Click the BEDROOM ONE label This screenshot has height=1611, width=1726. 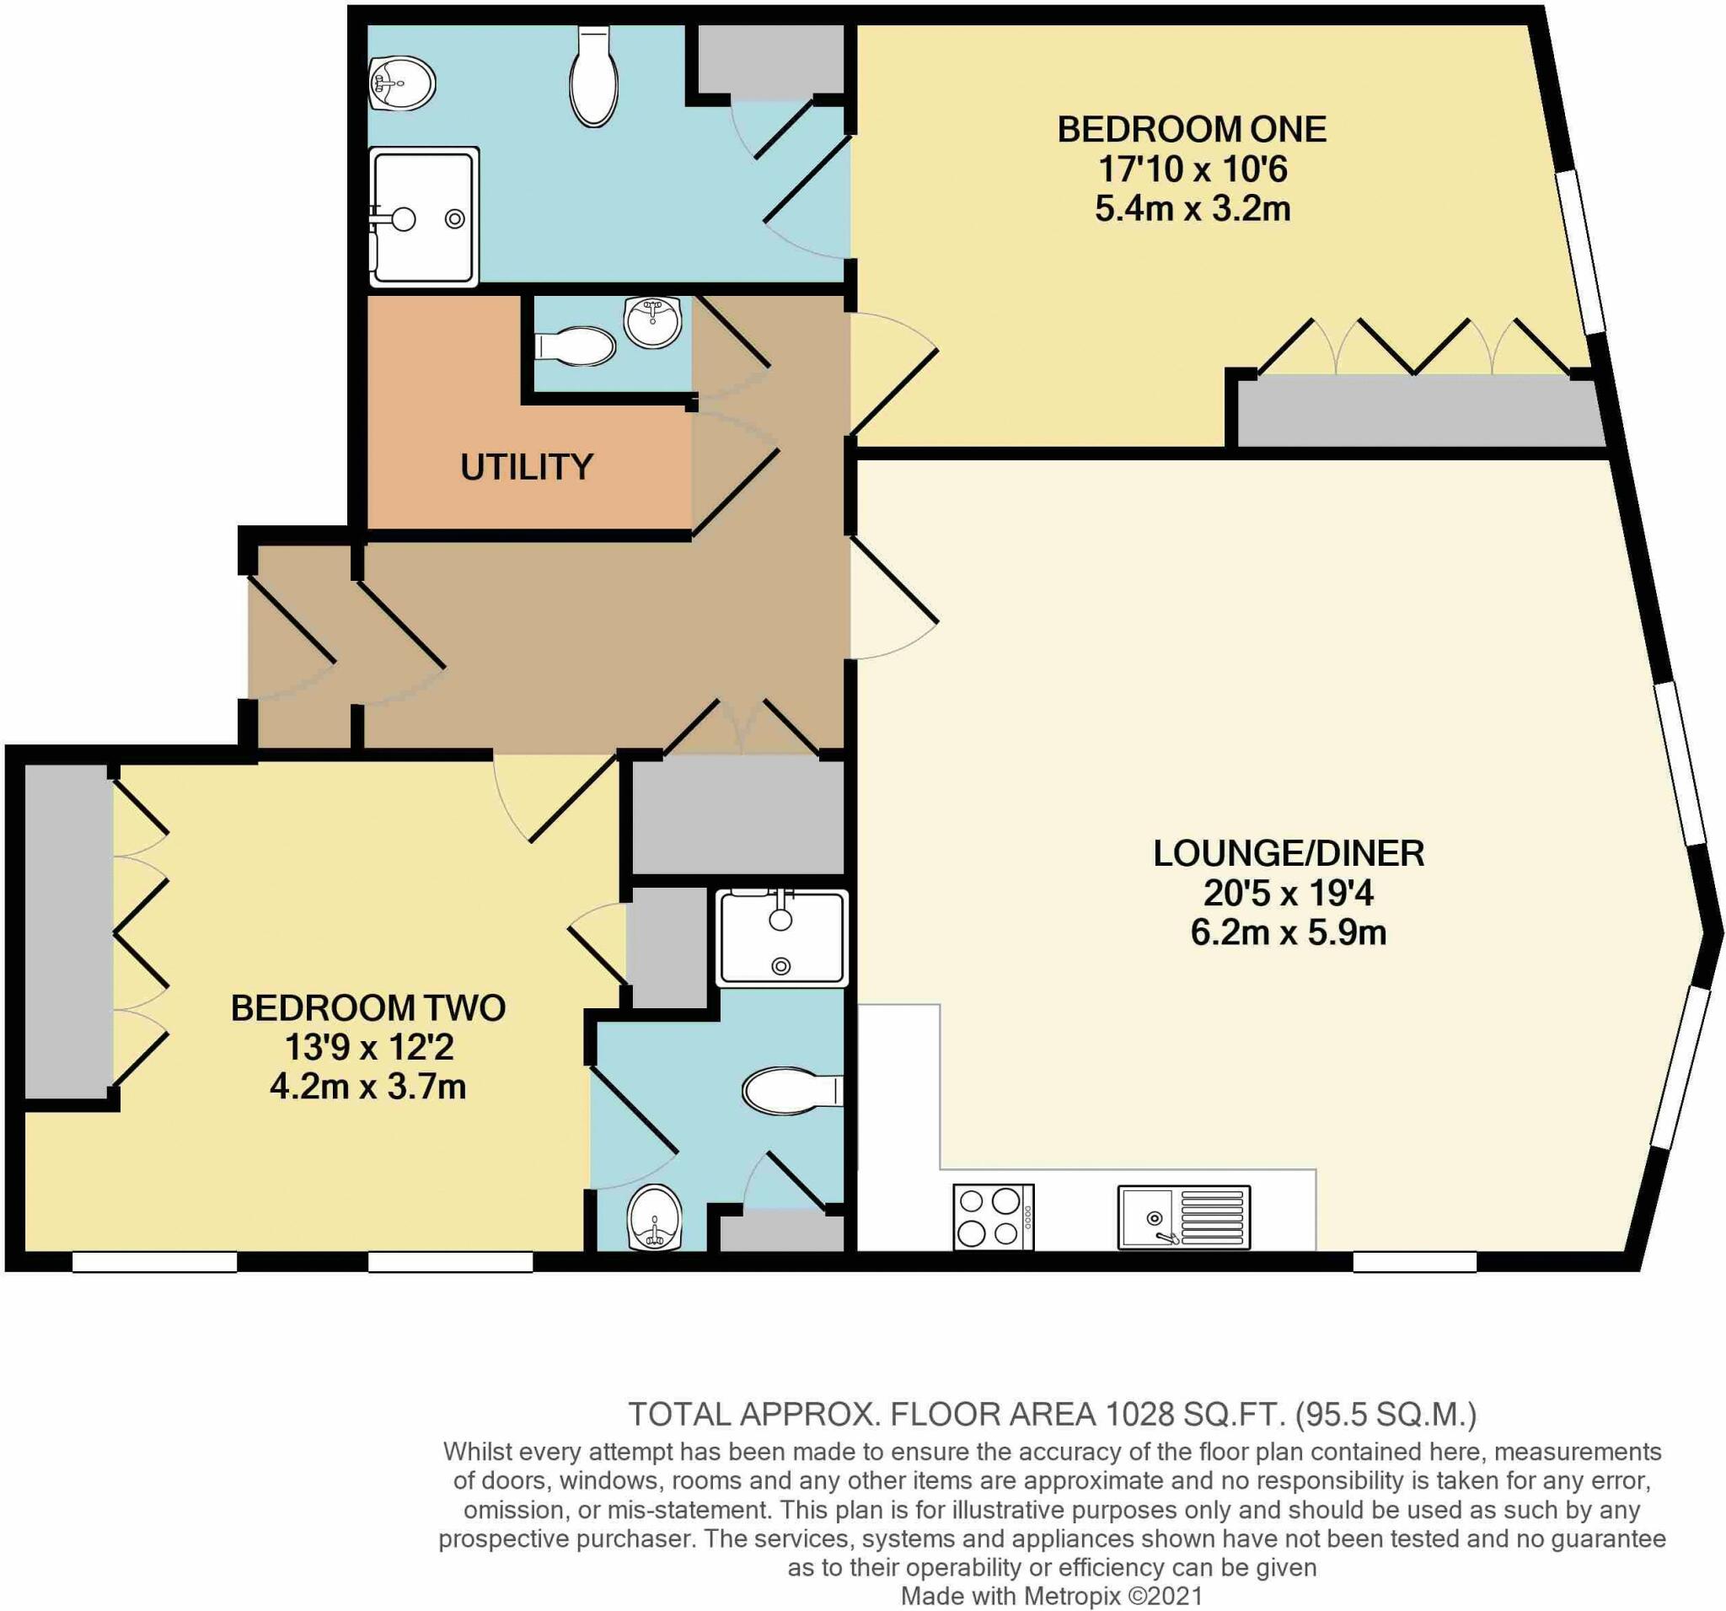[x=1191, y=129]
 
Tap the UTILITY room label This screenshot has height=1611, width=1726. [x=526, y=467]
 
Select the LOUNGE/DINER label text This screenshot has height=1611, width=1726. [x=1289, y=854]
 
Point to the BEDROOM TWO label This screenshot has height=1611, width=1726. [x=368, y=1007]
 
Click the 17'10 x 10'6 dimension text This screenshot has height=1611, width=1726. [x=1192, y=169]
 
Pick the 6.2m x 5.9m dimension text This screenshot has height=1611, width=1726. [x=1289, y=933]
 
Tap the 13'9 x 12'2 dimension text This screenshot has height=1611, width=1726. [x=368, y=1047]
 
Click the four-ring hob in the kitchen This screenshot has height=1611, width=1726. [x=994, y=1216]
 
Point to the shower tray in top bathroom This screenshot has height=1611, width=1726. [x=425, y=217]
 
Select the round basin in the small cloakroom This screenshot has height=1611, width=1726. [x=653, y=322]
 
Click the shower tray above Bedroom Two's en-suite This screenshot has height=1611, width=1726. [x=781, y=938]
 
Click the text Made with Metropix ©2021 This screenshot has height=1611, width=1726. [x=1052, y=1595]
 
